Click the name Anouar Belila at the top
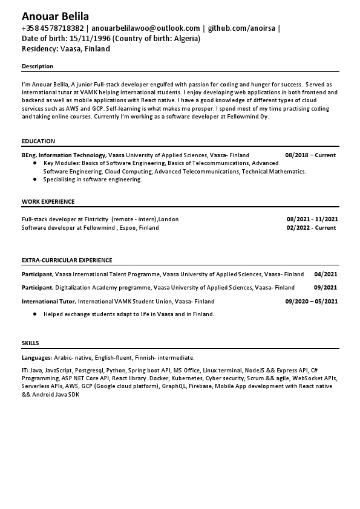tap(55, 16)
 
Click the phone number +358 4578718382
tap(53, 28)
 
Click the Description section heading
tap(38, 66)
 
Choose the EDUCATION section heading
tap(38, 141)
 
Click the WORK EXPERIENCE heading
tap(48, 202)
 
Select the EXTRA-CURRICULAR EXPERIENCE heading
tap(67, 261)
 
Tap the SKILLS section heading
tap(30, 343)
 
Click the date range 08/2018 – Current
tap(310, 155)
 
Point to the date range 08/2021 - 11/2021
tap(312, 219)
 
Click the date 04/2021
tap(326, 274)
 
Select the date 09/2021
tap(326, 288)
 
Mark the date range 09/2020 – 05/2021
tap(311, 301)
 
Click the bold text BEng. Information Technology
tap(64, 155)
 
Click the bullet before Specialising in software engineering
tap(36, 180)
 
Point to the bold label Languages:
tap(36, 358)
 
